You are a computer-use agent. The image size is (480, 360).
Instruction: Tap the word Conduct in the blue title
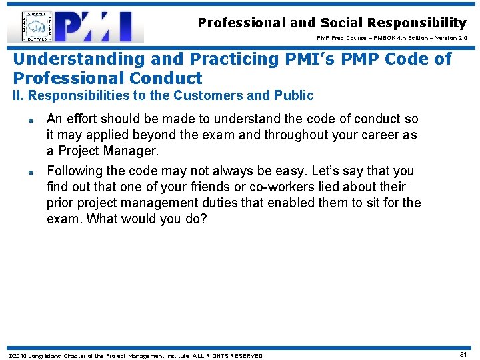point(167,78)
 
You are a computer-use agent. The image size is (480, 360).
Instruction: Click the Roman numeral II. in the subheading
point(19,96)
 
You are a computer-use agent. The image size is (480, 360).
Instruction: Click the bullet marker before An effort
point(30,121)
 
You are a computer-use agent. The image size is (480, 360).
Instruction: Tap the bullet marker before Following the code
point(30,172)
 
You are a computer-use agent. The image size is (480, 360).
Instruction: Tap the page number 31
point(463,355)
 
